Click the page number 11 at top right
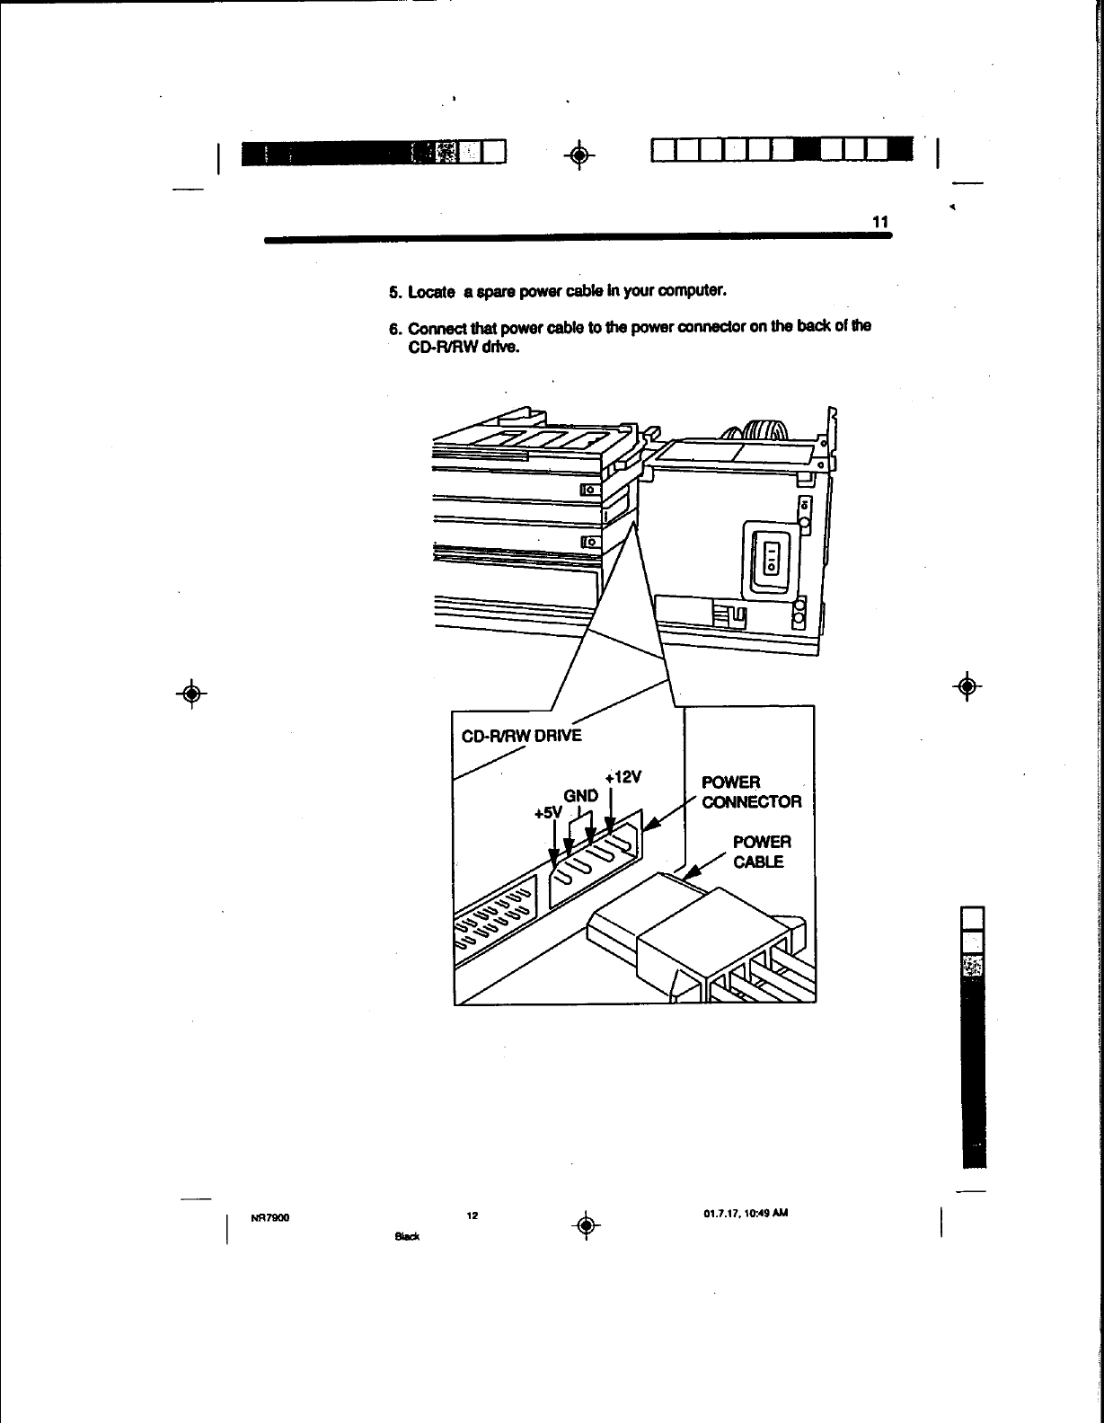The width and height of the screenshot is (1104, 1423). tap(879, 222)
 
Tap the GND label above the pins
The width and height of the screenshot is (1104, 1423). tap(580, 796)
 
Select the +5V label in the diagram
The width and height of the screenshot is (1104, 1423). tap(546, 814)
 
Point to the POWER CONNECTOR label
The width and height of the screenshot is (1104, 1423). tap(751, 791)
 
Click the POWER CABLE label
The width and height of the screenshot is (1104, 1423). tap(761, 853)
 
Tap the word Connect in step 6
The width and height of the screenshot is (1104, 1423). tap(437, 326)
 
